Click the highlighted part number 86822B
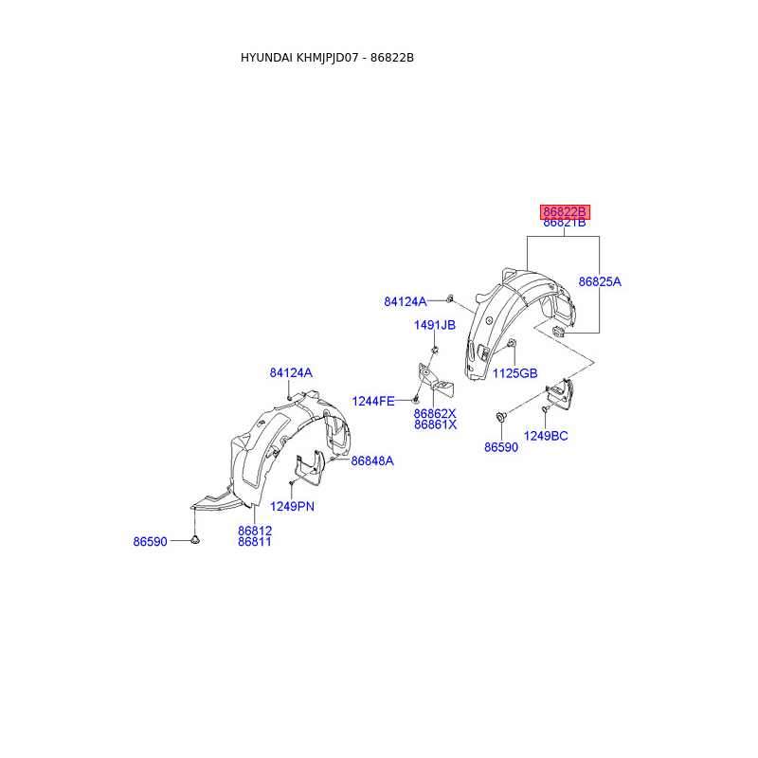pos(565,211)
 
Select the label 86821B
pos(565,224)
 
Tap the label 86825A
pos(600,281)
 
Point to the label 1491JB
pos(434,325)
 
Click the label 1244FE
pos(373,401)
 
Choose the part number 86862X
pos(435,413)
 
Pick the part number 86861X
pos(435,425)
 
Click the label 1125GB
pos(514,373)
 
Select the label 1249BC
pos(547,435)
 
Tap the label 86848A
pos(372,460)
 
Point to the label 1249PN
pos(292,506)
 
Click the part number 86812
pos(255,531)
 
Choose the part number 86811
pos(255,542)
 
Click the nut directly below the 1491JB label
pos(433,351)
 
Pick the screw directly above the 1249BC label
pos(545,410)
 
